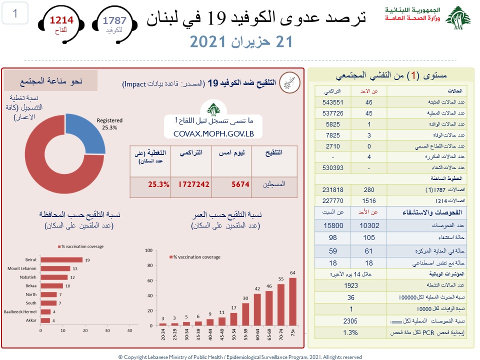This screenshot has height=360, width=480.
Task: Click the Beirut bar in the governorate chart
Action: point(61,259)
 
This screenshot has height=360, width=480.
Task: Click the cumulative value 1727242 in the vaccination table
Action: point(193,184)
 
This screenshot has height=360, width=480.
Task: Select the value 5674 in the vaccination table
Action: point(240,184)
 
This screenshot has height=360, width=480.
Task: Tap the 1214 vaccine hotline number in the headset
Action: point(61,20)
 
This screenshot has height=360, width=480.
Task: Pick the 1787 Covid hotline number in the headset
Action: point(114,20)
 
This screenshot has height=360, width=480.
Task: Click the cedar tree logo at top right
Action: point(458,17)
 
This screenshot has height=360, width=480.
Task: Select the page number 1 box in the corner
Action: point(15,13)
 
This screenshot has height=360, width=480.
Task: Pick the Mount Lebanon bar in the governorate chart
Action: point(55,268)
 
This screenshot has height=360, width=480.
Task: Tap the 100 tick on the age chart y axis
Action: point(148,249)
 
